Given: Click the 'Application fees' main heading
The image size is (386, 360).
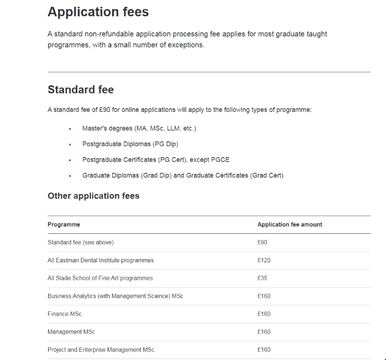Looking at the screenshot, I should (x=98, y=12).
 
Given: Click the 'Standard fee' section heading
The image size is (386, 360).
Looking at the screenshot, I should (x=81, y=90).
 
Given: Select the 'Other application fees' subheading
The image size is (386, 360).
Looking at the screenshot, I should (x=93, y=196).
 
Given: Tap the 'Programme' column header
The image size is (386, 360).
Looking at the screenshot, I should (x=64, y=225).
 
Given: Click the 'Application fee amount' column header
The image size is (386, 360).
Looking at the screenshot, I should (x=290, y=225).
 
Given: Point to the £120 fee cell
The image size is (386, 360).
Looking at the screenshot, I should (x=264, y=260).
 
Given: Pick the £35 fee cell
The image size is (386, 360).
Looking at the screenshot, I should (x=263, y=278).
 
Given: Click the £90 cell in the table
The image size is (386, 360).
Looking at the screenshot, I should (x=263, y=242).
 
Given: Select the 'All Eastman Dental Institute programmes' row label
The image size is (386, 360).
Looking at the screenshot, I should (x=101, y=260).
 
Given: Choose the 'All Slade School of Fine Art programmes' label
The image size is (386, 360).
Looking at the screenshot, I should (x=100, y=278).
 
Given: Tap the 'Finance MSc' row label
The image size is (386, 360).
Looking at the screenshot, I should (x=64, y=314).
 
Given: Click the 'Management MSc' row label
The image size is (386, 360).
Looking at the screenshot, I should (x=71, y=332).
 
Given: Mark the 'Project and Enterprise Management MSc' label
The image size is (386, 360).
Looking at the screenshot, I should (x=101, y=350).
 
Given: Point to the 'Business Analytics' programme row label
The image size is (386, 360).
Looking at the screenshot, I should (x=115, y=296).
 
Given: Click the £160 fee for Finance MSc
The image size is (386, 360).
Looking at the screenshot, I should (x=264, y=314).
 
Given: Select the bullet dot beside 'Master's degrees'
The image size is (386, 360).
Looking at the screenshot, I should (x=70, y=129).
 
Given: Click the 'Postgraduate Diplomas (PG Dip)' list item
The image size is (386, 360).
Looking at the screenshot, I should (x=130, y=144).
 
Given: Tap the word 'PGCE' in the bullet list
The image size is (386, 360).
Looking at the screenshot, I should (x=220, y=160).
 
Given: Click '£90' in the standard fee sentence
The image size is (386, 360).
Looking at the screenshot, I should (x=105, y=110).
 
